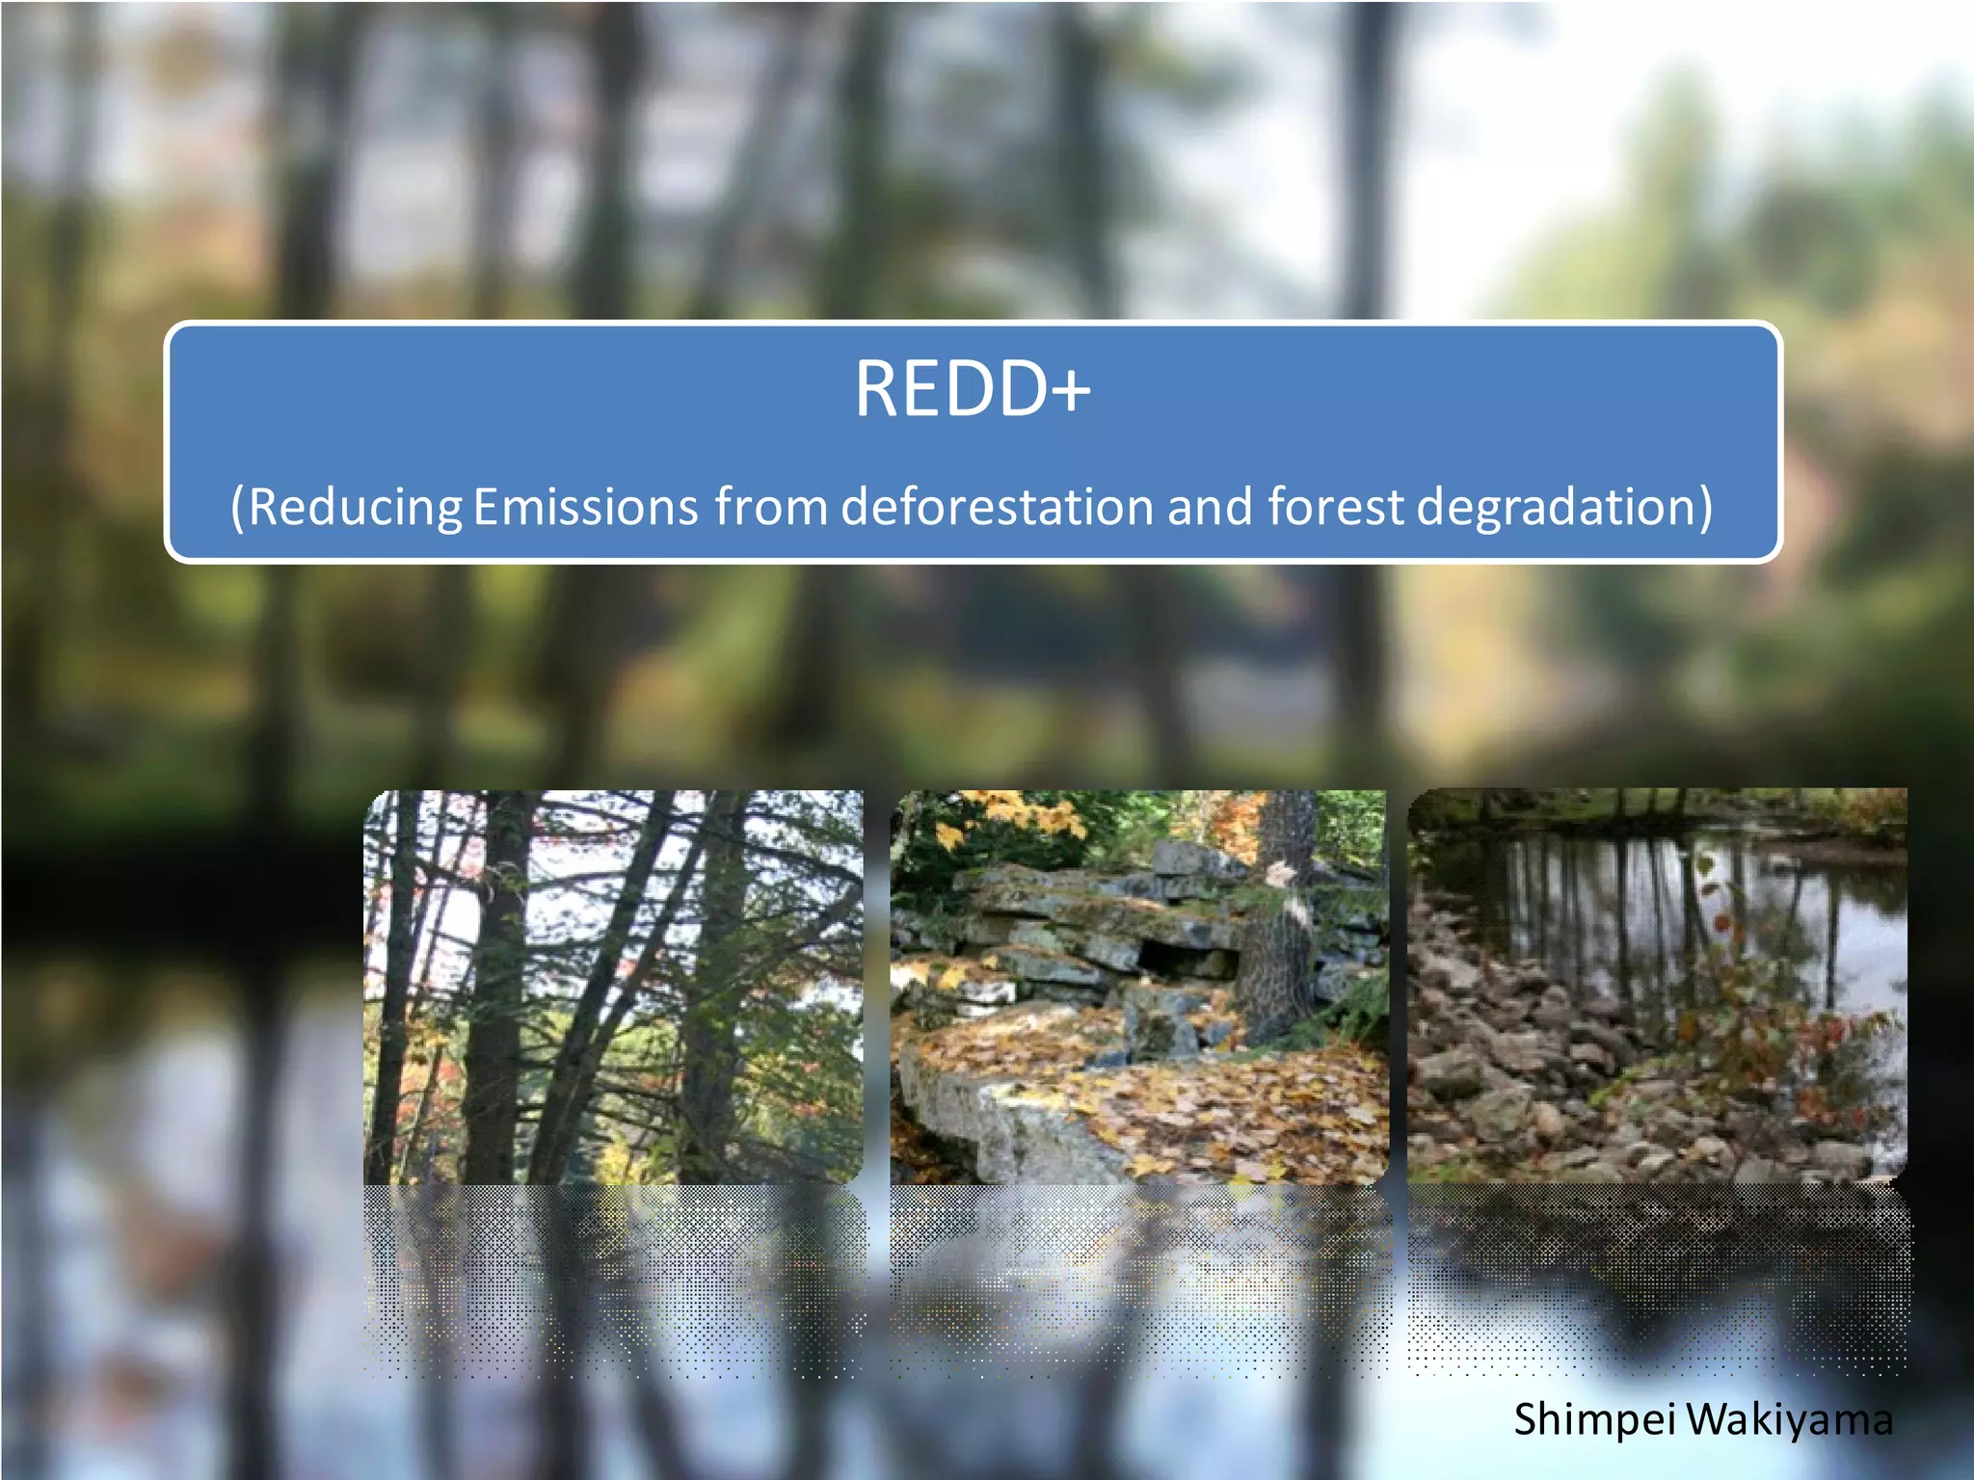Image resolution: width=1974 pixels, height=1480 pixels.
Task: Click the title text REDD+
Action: (x=972, y=389)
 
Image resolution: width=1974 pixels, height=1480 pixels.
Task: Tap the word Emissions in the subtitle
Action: (x=585, y=507)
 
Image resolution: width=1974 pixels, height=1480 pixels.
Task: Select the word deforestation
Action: (x=997, y=507)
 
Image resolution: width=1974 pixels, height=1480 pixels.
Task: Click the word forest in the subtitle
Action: (x=1335, y=507)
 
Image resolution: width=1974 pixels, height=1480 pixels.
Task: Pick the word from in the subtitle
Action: (x=770, y=507)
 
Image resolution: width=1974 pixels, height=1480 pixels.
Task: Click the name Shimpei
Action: (x=1594, y=1420)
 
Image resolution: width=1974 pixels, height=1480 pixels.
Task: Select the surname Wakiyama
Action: (x=1790, y=1420)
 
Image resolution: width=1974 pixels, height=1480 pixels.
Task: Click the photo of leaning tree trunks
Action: (x=613, y=987)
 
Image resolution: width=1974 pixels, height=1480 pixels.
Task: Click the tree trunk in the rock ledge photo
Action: (x=1277, y=925)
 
